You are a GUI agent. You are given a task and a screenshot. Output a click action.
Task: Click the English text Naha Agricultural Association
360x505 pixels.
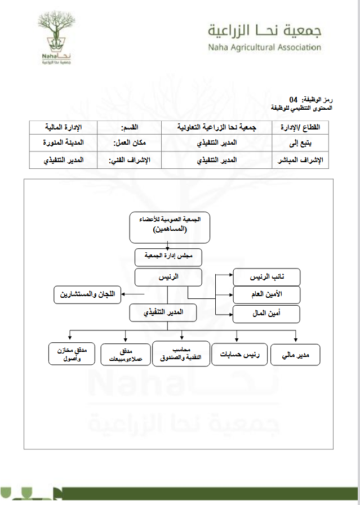click(264, 47)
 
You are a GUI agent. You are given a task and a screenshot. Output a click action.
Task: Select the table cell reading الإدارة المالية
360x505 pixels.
click(64, 127)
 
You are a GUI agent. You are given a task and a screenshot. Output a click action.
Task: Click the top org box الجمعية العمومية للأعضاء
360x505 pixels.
click(169, 225)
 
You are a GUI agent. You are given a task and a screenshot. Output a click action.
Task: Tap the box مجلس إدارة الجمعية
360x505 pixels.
click(169, 257)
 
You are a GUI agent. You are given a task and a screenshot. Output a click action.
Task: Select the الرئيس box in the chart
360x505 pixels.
click(168, 277)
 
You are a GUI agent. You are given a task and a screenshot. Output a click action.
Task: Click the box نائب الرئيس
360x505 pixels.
click(266, 277)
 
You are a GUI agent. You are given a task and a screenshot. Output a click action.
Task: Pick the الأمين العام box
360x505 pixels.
click(266, 294)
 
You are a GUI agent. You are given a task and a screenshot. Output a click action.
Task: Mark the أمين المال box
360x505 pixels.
click(266, 313)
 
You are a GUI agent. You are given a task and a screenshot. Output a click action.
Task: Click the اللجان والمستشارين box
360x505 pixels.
click(87, 294)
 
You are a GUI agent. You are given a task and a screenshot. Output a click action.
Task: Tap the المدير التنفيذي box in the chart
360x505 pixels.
click(164, 311)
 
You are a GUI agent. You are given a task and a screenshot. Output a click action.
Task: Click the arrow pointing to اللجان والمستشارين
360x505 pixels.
click(128, 294)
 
